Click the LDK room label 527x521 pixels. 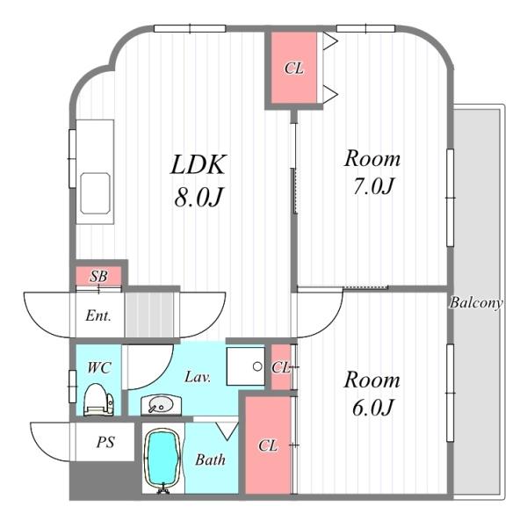(x=198, y=164)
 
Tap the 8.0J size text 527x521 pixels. (x=199, y=197)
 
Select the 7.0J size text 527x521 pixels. (x=372, y=186)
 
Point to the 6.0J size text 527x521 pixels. (x=372, y=408)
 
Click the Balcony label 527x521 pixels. (x=476, y=303)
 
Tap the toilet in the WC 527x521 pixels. (x=98, y=400)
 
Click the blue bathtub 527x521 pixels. (x=162, y=459)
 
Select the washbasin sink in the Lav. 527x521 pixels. (x=161, y=405)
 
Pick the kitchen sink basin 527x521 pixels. (x=95, y=193)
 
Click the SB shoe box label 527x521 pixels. (x=98, y=276)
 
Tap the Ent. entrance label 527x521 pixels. (x=97, y=315)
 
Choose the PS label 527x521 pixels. (x=105, y=442)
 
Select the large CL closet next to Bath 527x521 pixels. (x=268, y=445)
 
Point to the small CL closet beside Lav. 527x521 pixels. (x=281, y=367)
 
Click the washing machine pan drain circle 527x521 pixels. (x=257, y=366)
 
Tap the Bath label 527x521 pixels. (x=210, y=459)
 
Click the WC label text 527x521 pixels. (x=99, y=367)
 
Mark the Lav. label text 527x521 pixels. (x=198, y=377)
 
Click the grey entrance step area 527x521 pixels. (x=149, y=315)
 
